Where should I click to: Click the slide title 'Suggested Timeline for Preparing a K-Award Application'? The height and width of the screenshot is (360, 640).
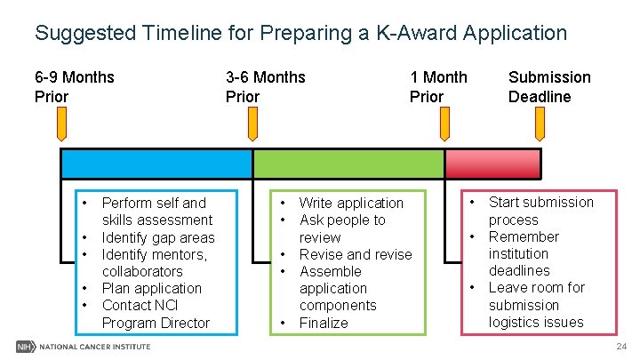click(300, 34)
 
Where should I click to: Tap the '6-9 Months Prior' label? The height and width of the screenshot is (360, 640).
click(74, 86)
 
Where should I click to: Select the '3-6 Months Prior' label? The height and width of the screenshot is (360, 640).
click(265, 86)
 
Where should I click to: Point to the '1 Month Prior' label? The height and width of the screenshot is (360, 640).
click(437, 86)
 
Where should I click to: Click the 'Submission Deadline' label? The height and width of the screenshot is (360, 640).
click(548, 86)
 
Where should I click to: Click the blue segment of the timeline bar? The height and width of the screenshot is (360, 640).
click(156, 164)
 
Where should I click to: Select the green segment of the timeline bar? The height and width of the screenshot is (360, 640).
click(348, 164)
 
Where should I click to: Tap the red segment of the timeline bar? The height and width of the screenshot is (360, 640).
click(492, 164)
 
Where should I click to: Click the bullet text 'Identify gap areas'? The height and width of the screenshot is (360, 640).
click(158, 237)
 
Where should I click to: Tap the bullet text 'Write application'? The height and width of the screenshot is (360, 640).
click(351, 203)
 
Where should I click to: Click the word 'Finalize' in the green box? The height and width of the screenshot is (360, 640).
click(324, 323)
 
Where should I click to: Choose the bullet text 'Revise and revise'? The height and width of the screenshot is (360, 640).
click(356, 254)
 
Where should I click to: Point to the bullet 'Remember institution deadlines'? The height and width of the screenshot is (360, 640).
click(524, 253)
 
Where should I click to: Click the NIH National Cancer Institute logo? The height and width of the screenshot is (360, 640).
click(84, 345)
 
